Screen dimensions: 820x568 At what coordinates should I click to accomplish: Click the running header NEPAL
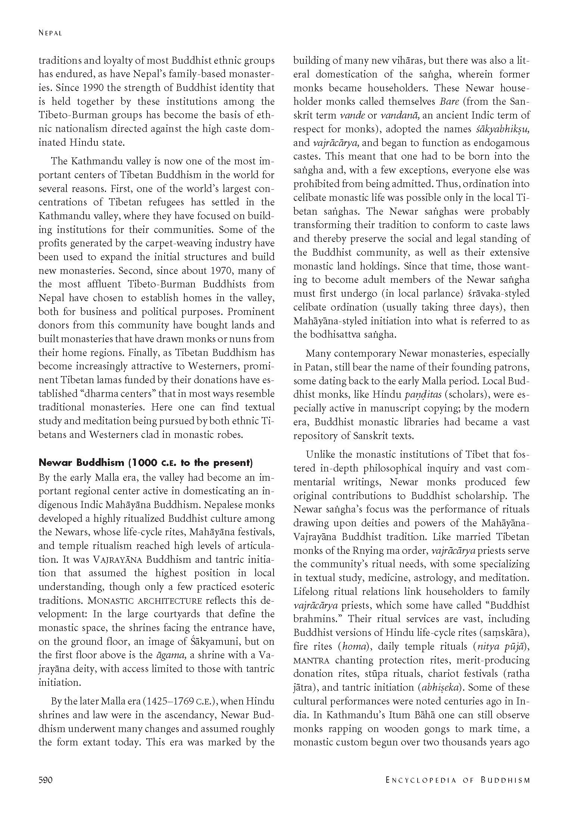pos(50,33)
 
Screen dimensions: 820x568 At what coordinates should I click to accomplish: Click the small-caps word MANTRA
pos(312,660)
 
